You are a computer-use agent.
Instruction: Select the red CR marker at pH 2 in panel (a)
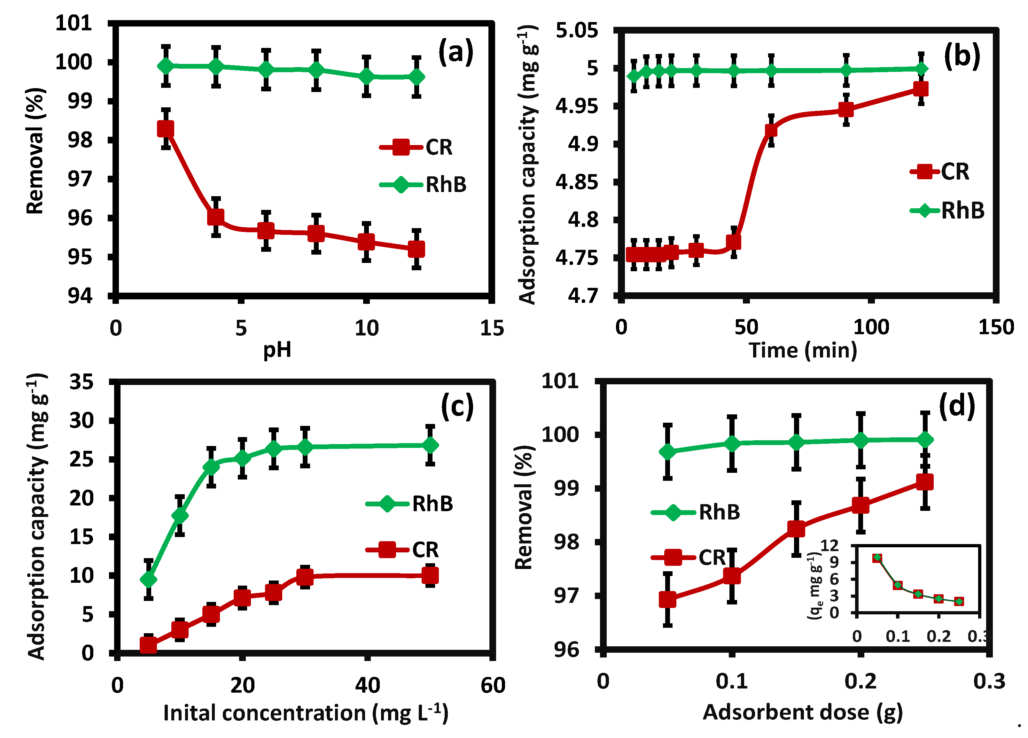coord(166,129)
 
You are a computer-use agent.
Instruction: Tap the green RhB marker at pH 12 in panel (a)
coord(416,77)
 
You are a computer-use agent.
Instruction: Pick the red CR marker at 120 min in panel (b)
coord(921,89)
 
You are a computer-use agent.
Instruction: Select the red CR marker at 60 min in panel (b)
coord(771,130)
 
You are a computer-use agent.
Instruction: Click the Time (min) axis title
coord(803,350)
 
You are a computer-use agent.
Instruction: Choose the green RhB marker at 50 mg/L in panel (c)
coord(430,445)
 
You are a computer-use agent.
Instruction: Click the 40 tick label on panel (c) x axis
coord(367,686)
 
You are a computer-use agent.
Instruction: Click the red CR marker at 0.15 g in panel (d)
coord(796,529)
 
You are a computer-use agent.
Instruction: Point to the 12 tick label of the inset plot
coord(829,545)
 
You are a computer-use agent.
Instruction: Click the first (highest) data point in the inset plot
coord(877,558)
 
